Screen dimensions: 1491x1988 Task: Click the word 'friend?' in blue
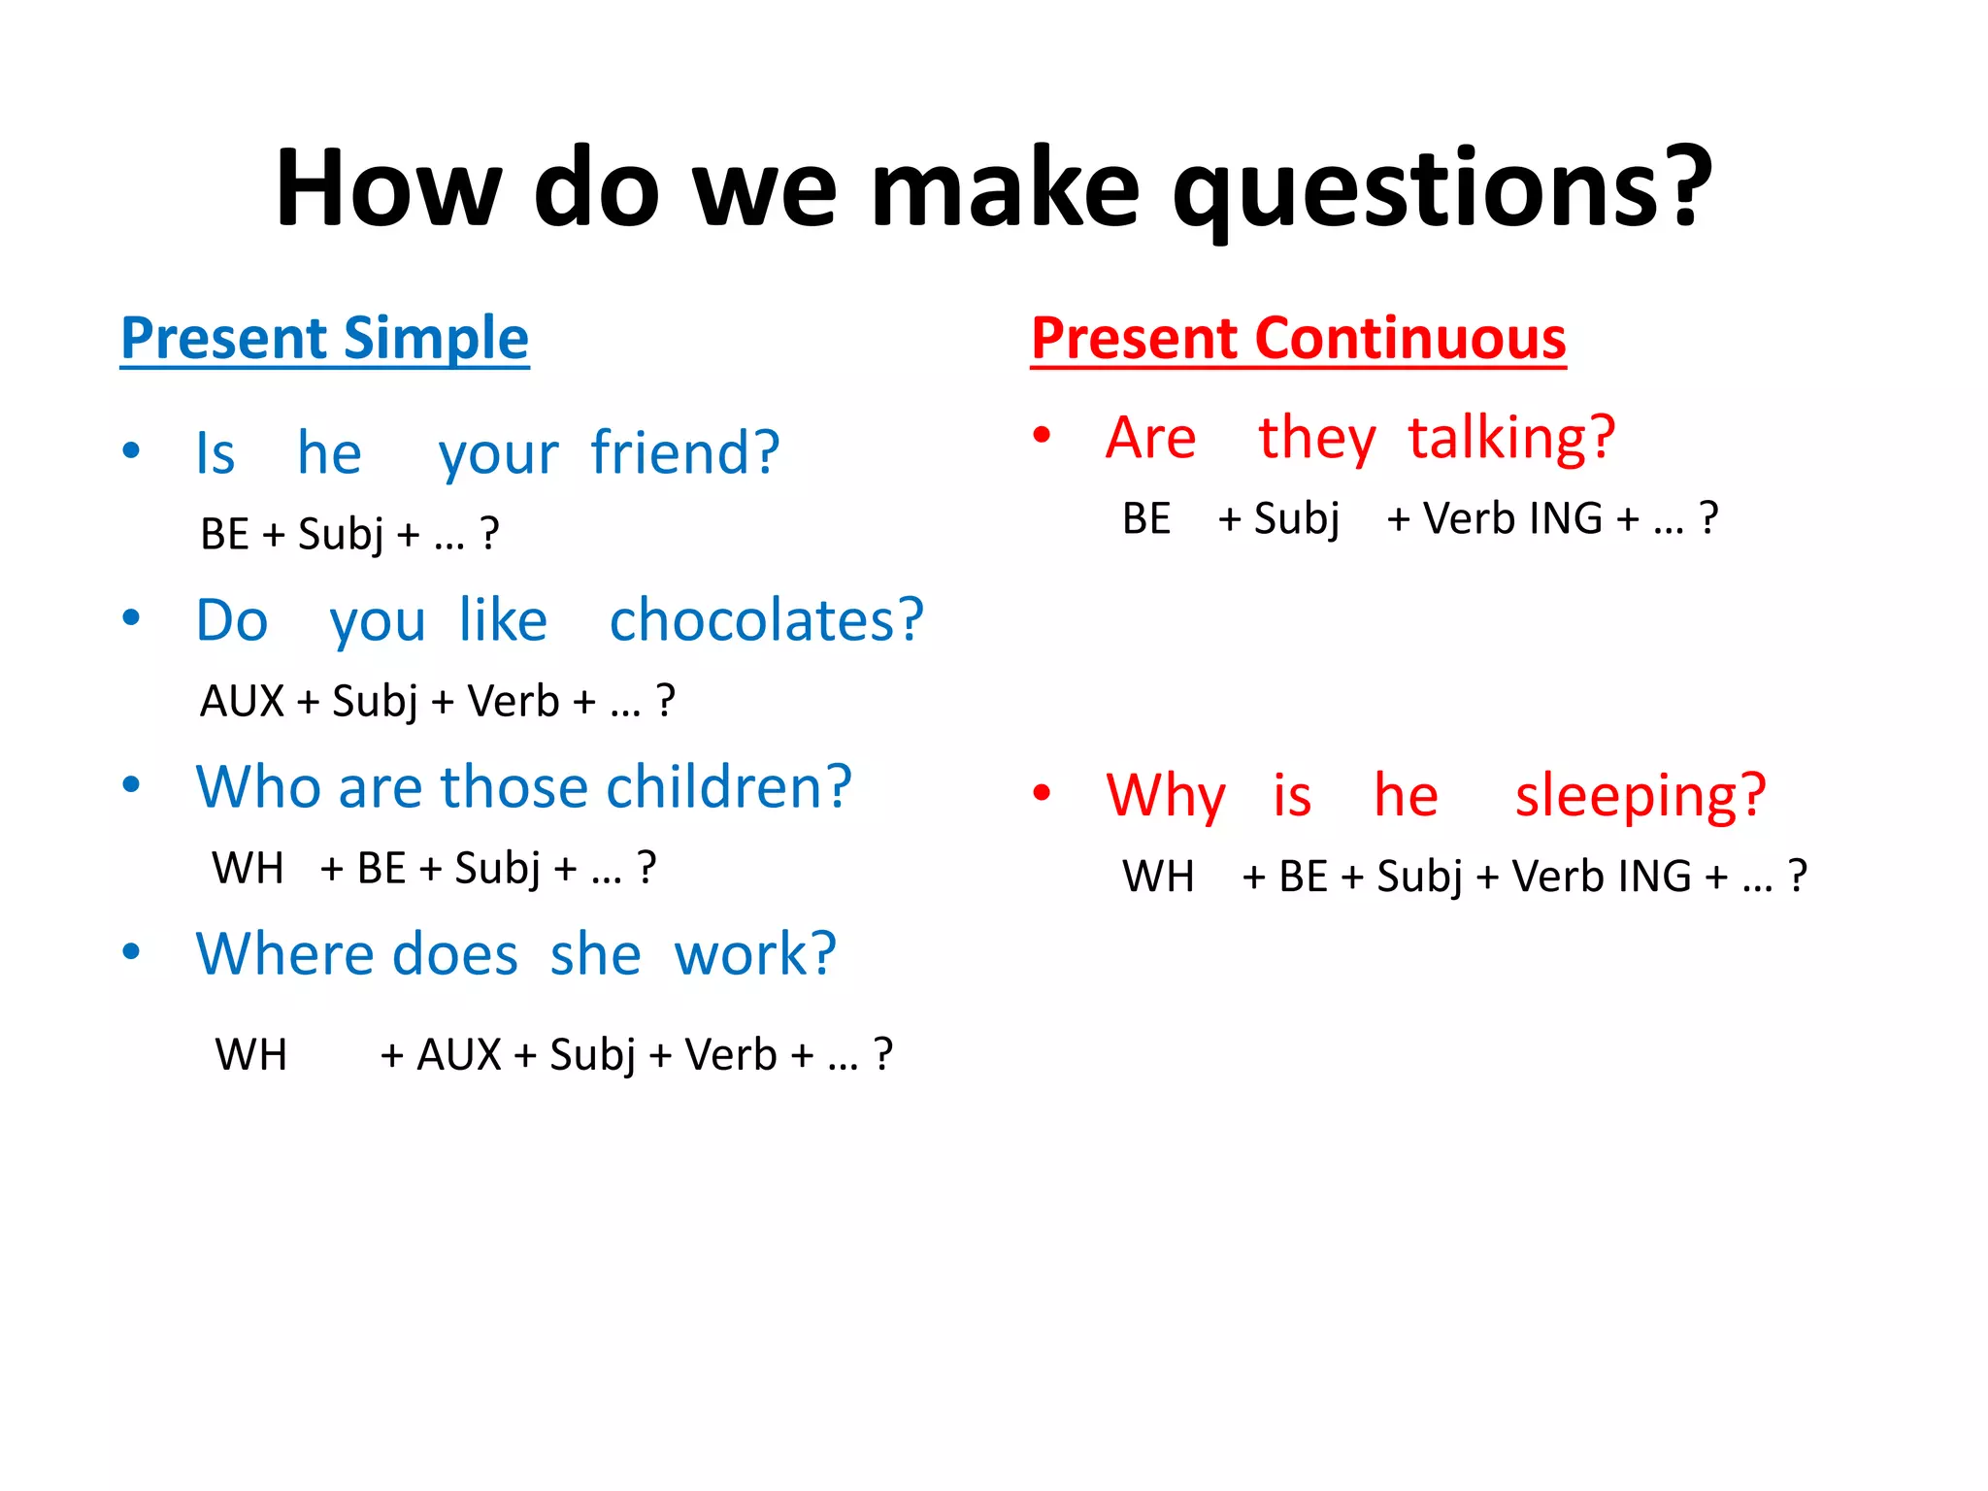685,453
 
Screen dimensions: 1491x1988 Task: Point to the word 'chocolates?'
767,620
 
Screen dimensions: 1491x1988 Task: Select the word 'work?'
755,953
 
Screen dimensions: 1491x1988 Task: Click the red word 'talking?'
1511,438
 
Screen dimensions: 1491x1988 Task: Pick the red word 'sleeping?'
1640,796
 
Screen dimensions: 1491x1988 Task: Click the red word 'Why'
1166,796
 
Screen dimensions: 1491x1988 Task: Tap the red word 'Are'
1150,438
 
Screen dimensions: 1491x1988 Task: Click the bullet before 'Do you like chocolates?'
131,617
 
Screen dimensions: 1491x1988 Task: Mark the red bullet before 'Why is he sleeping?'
1042,793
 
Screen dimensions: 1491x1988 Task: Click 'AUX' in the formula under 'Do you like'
242,701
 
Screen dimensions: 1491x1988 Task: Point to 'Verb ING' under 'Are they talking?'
1511,518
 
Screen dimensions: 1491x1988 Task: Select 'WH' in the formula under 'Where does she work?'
250,1054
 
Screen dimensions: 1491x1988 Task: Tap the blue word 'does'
455,953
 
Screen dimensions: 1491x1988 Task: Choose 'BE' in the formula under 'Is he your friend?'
224,534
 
